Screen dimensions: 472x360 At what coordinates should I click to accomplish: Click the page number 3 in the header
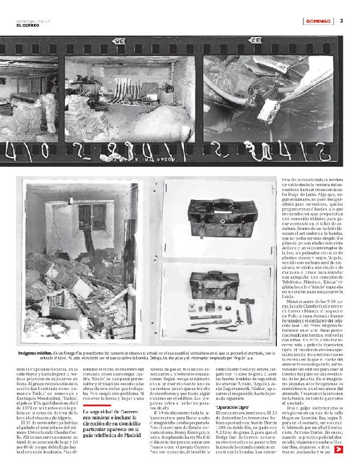(342, 21)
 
